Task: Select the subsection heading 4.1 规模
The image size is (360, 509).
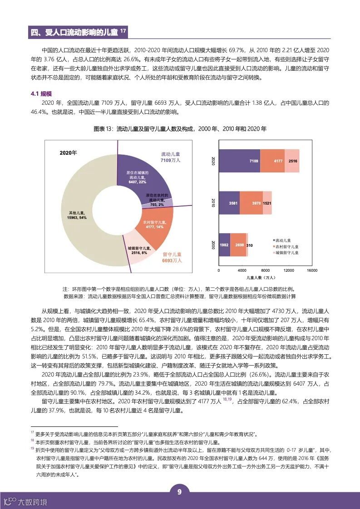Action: (x=40, y=93)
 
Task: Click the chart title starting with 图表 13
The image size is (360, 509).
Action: (x=180, y=129)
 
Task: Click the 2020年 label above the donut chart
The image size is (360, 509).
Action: (x=69, y=152)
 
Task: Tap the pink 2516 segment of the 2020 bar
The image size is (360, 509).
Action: (x=292, y=161)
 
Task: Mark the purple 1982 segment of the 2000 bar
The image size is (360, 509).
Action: (x=224, y=245)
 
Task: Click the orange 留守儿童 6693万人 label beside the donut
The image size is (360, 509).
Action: (x=172, y=257)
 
